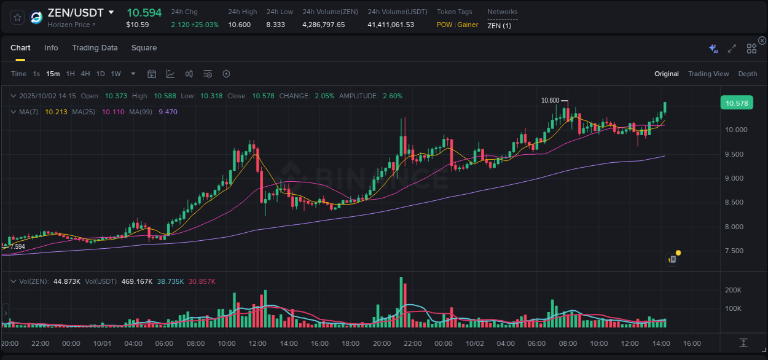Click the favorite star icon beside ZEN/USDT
point(18,17)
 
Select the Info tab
point(51,48)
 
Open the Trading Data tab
point(95,48)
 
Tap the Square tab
point(144,48)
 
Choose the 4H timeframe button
point(85,74)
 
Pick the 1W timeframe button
point(116,74)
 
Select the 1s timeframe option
point(36,74)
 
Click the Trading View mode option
point(708,74)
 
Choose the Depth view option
point(748,74)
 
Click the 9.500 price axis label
point(737,154)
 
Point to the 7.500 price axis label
point(737,251)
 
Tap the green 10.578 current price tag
point(737,103)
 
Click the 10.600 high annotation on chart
point(550,100)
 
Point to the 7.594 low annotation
point(17,246)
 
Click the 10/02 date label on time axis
point(474,343)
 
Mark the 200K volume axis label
point(733,290)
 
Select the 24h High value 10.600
point(239,25)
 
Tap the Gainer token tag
point(468,25)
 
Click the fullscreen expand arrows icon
point(732,49)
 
